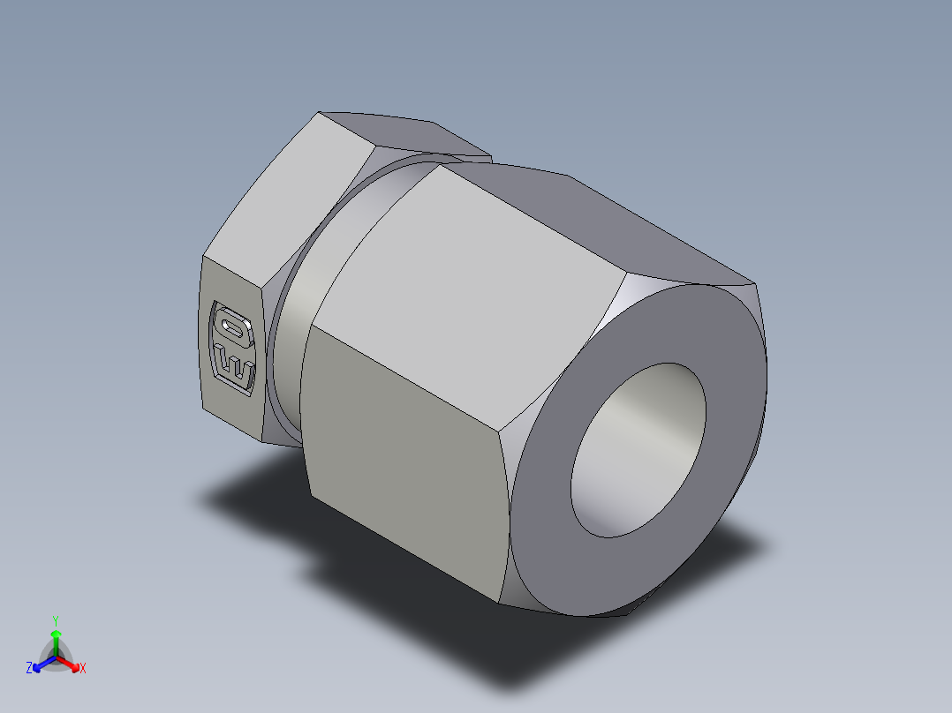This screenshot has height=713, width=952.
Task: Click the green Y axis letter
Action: [x=55, y=619]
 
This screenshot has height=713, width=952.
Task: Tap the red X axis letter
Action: [x=82, y=669]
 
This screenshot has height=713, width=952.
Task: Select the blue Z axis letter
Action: [x=29, y=669]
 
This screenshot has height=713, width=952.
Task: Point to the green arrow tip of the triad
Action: [x=56, y=634]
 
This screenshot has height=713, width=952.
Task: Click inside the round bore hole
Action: [x=638, y=450]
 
